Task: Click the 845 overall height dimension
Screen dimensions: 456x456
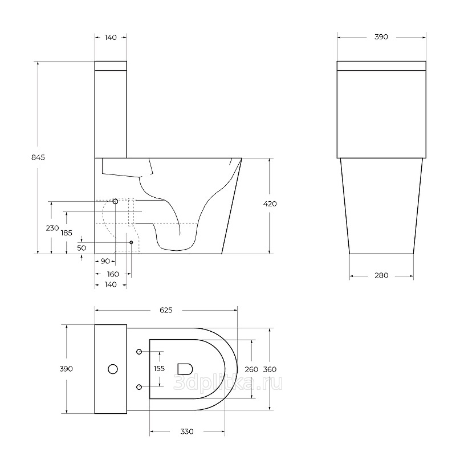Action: [x=38, y=157]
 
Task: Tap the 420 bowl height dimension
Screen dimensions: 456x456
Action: [x=270, y=204]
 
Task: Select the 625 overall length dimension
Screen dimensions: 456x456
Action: [x=166, y=310]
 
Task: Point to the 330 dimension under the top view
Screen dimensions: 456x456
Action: [x=187, y=431]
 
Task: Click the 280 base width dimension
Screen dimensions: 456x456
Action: [x=381, y=275]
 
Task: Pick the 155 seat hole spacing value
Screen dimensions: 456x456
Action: [x=159, y=369]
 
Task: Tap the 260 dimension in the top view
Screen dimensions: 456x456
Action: [x=251, y=369]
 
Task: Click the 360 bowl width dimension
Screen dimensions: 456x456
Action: [x=270, y=369]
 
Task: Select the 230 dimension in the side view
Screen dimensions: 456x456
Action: [x=52, y=228]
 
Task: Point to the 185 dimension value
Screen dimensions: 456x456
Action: [x=66, y=233]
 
